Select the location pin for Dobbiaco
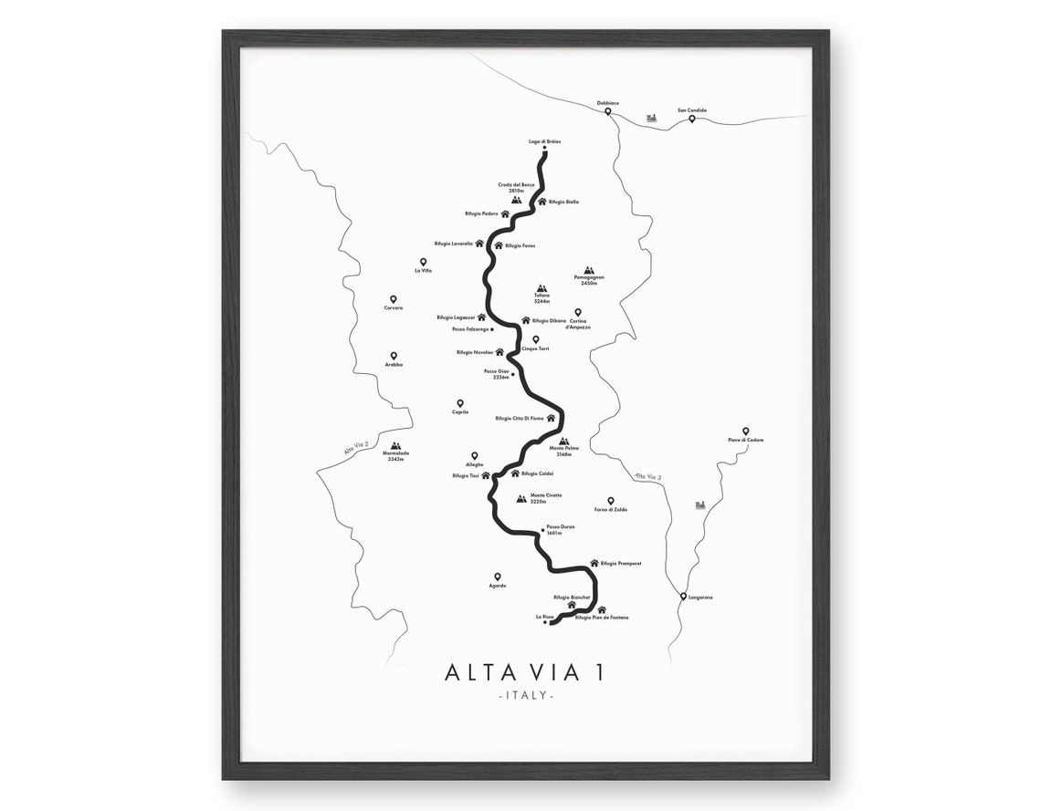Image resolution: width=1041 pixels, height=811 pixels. click(608, 112)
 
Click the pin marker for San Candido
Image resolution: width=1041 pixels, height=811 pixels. click(692, 119)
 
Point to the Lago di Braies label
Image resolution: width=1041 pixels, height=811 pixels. click(544, 141)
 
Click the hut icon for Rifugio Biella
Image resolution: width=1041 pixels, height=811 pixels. click(542, 202)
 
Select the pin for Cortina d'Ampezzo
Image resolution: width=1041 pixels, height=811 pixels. click(578, 312)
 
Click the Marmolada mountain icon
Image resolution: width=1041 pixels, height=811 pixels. click(396, 446)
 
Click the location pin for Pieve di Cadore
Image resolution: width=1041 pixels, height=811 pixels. click(745, 431)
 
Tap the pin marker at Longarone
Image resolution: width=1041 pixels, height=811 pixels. click(683, 597)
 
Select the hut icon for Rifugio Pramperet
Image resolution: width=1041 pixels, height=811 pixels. click(594, 563)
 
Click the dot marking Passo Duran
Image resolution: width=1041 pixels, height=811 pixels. click(542, 530)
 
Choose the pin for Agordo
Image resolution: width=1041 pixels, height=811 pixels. click(498, 577)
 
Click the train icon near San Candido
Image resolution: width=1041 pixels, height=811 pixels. click(651, 118)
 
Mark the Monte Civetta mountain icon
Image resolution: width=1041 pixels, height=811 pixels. click(521, 498)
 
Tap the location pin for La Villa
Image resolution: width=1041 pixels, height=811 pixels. click(424, 262)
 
